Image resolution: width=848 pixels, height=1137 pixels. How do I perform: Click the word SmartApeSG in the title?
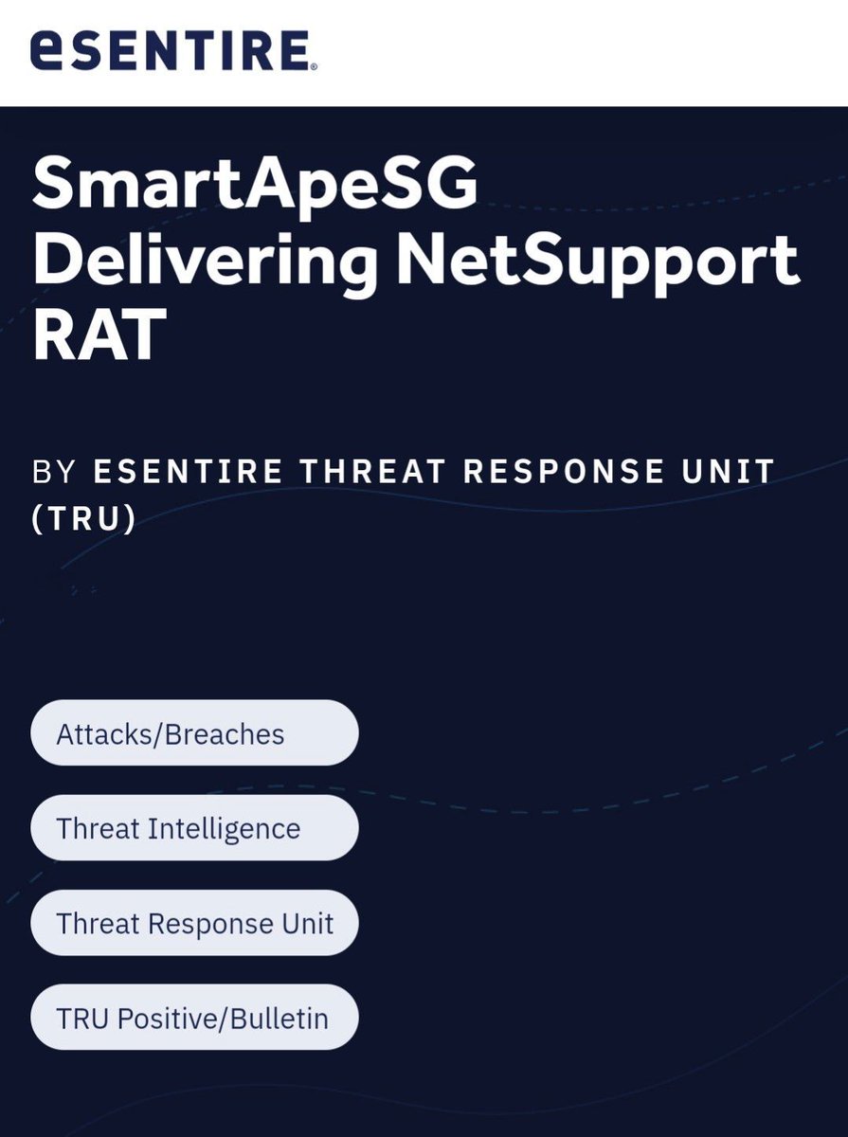pos(255,187)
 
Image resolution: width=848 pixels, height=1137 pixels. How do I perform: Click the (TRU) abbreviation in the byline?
pos(83,520)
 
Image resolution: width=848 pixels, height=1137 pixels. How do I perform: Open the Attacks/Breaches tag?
pos(194,732)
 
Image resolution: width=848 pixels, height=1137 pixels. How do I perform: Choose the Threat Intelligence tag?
pos(194,828)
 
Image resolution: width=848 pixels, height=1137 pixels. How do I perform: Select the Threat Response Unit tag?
pos(194,923)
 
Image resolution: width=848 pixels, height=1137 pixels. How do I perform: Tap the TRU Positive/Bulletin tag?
pos(194,1018)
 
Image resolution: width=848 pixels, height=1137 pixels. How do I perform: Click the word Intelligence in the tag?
pos(224,828)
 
